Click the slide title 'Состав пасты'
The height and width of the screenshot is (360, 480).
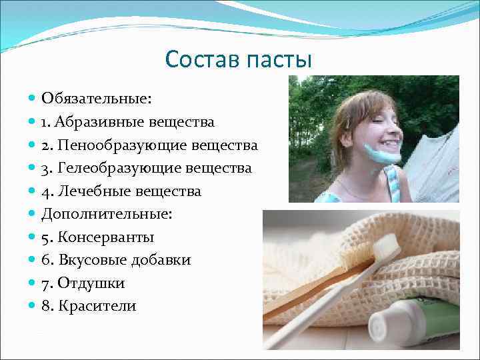(x=239, y=59)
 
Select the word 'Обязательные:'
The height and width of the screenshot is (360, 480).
(x=97, y=99)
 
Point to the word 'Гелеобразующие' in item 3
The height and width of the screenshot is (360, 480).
(x=112, y=168)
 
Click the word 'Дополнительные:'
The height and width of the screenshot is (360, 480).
(x=106, y=214)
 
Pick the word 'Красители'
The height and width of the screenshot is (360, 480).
(x=97, y=306)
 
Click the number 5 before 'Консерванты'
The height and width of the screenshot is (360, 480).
(x=45, y=237)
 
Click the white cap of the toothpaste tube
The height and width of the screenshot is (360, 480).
(x=383, y=326)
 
